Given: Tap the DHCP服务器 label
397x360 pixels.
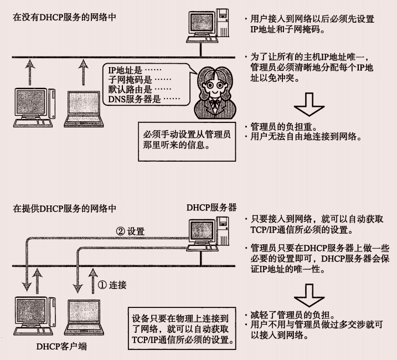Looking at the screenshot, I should coord(213,207).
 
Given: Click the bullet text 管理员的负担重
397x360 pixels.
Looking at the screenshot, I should coord(281,126).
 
